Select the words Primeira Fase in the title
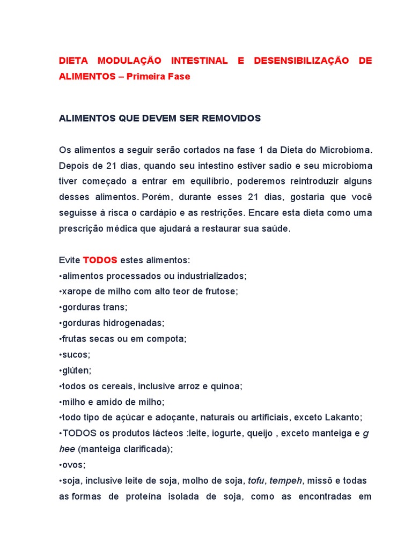(158, 77)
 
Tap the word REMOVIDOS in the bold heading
(231, 118)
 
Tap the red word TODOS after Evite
(100, 260)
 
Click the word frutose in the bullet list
(221, 292)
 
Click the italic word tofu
(256, 481)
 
